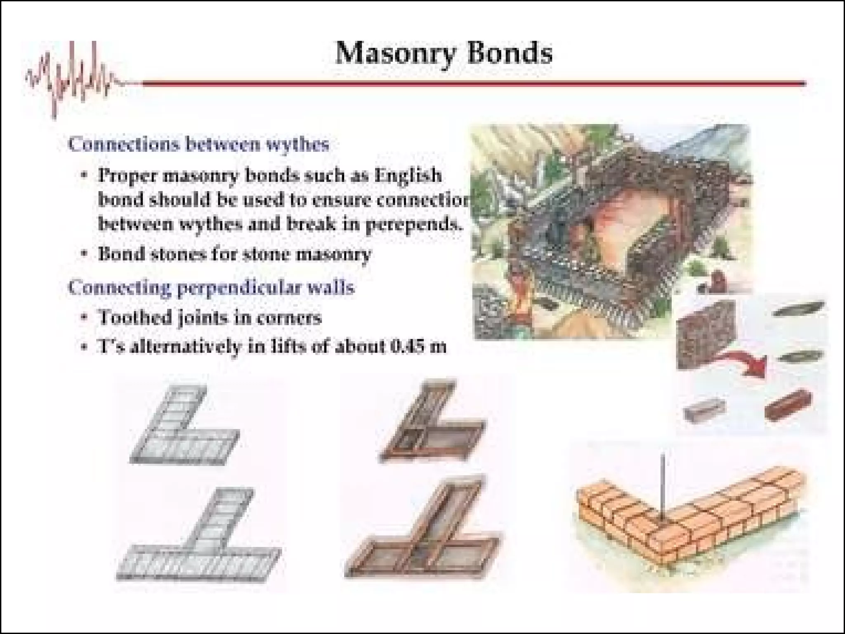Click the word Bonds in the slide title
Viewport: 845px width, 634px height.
pyautogui.click(x=510, y=54)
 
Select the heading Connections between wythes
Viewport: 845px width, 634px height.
pyautogui.click(x=198, y=144)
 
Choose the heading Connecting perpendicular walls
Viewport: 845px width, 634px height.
pyautogui.click(x=211, y=287)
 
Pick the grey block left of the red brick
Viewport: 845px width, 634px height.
pyautogui.click(x=704, y=409)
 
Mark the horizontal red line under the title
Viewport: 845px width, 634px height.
pyautogui.click(x=474, y=83)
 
